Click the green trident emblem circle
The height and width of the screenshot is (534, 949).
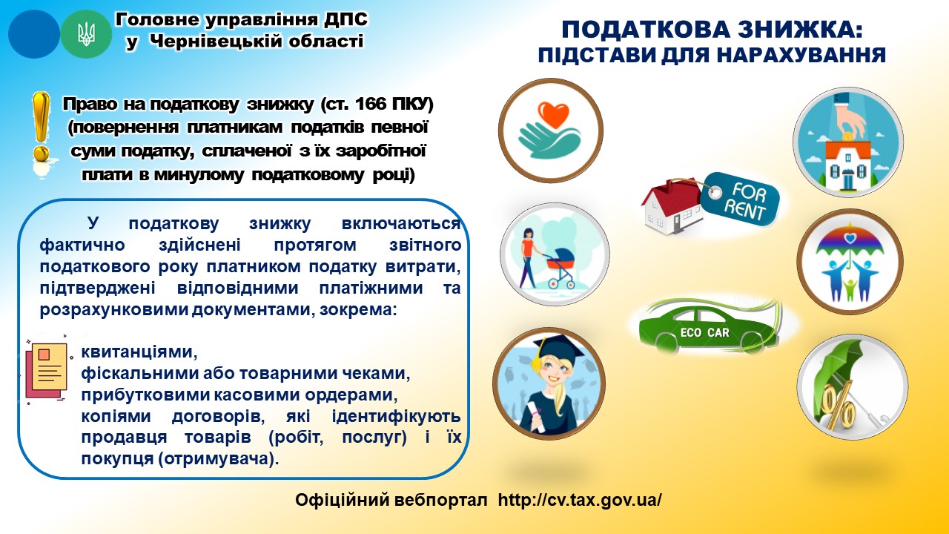pyautogui.click(x=86, y=34)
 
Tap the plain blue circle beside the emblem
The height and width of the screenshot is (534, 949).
pyautogui.click(x=34, y=34)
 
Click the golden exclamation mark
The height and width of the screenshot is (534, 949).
pyautogui.click(x=41, y=132)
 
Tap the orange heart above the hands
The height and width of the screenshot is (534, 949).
pyautogui.click(x=553, y=113)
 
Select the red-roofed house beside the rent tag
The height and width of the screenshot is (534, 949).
pyautogui.click(x=672, y=207)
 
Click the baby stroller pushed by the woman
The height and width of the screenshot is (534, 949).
pyautogui.click(x=560, y=267)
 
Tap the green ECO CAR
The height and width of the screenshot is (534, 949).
pyautogui.click(x=707, y=327)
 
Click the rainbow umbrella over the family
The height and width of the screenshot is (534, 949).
pyautogui.click(x=850, y=245)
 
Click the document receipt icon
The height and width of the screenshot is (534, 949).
pyautogui.click(x=47, y=372)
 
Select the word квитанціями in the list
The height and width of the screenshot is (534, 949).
pyautogui.click(x=139, y=352)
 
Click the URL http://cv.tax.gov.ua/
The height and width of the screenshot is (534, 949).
pyautogui.click(x=580, y=500)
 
